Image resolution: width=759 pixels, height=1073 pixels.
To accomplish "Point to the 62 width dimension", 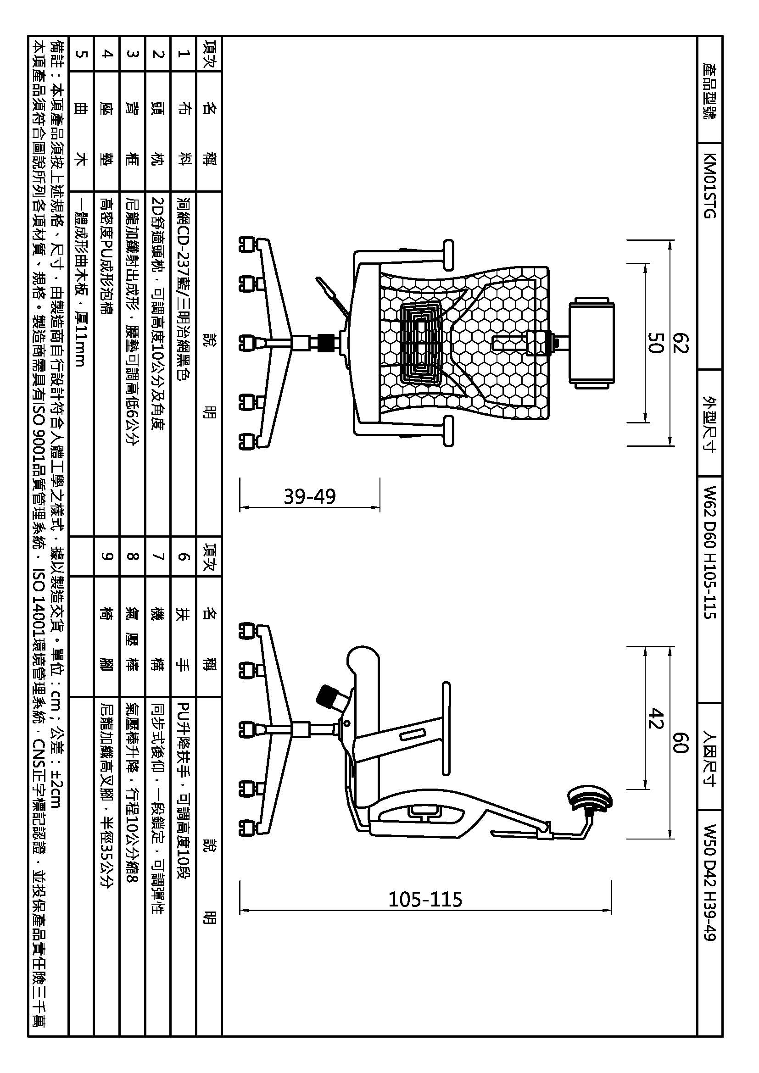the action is [x=681, y=343].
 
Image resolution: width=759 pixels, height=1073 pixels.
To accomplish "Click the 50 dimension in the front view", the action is [x=655, y=343].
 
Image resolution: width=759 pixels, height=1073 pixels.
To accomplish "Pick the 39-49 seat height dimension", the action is [x=310, y=496].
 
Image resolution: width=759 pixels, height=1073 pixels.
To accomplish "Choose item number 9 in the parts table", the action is [x=107, y=556].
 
